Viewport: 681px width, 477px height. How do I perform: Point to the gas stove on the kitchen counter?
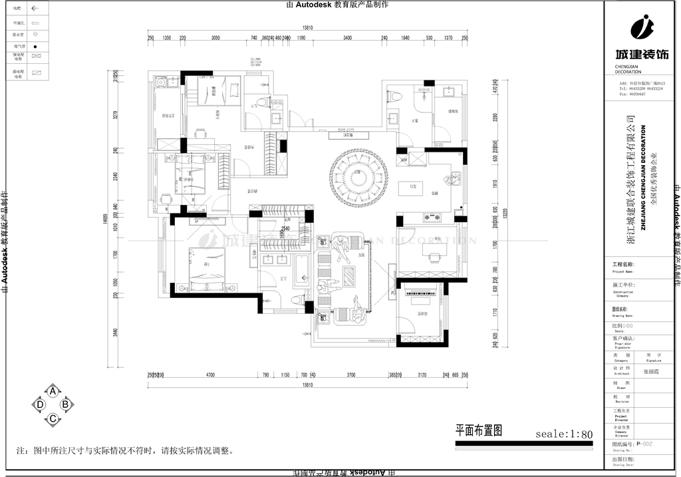[432, 216]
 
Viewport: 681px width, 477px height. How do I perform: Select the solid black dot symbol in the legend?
[36, 47]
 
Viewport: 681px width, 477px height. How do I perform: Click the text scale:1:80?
[564, 434]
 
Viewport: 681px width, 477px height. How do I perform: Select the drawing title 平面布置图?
[477, 430]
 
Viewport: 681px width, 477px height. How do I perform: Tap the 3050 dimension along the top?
[215, 39]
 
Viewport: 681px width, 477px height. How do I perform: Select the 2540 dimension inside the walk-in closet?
[286, 229]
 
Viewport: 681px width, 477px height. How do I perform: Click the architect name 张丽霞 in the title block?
[652, 373]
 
